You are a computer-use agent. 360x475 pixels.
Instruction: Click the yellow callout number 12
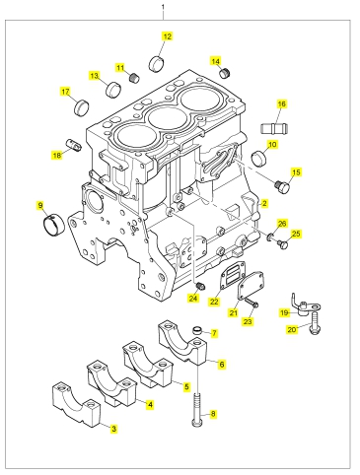click(168, 36)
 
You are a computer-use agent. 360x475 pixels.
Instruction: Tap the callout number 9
click(40, 206)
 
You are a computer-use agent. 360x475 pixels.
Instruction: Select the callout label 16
click(282, 104)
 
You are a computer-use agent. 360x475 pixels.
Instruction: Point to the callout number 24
click(193, 298)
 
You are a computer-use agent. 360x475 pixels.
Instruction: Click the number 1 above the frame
click(163, 7)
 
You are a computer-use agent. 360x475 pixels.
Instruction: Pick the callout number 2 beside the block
click(264, 203)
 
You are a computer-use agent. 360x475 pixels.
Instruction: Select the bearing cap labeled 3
click(77, 403)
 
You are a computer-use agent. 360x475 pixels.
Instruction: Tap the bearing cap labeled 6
click(183, 342)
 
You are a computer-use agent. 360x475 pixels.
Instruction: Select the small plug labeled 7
click(196, 329)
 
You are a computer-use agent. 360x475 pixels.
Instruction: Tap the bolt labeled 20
click(314, 324)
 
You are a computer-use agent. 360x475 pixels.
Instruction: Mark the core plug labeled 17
click(81, 106)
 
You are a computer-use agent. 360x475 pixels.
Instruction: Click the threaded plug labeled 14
click(226, 73)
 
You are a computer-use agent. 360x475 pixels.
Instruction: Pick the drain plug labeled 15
click(282, 186)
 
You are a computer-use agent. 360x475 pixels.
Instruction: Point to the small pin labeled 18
click(73, 145)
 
